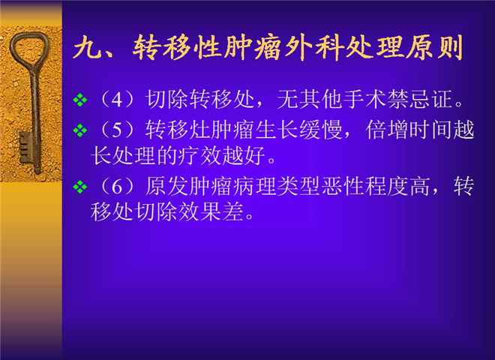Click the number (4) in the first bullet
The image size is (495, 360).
pyautogui.click(x=117, y=100)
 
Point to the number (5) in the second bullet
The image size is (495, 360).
pyautogui.click(x=117, y=130)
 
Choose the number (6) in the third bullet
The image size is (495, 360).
pyautogui.click(x=117, y=186)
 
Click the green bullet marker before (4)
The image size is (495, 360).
pyautogui.click(x=80, y=100)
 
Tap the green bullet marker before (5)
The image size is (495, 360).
pyautogui.click(x=80, y=130)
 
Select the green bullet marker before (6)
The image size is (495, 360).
pyautogui.click(x=80, y=186)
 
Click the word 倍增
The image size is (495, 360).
pyautogui.click(x=387, y=130)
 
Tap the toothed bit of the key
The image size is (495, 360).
pyautogui.click(x=25, y=148)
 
